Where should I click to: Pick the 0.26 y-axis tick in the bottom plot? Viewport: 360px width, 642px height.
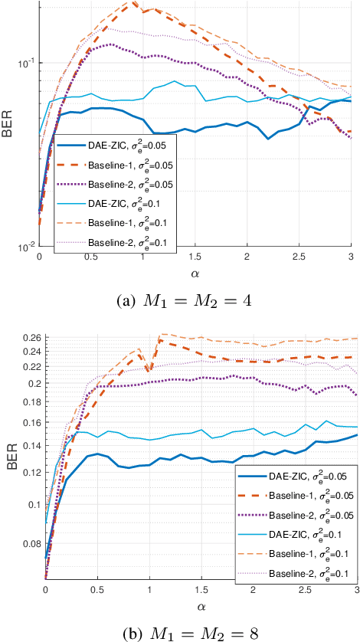click(28, 337)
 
